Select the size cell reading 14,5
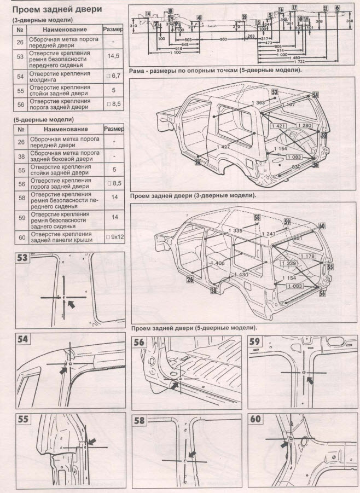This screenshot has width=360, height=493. click(x=113, y=56)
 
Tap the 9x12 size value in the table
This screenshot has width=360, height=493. click(x=113, y=238)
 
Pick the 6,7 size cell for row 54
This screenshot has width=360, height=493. click(x=113, y=76)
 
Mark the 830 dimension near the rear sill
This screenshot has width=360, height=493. click(x=297, y=166)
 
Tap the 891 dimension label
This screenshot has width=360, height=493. click(x=298, y=239)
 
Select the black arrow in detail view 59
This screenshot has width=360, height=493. click(x=311, y=379)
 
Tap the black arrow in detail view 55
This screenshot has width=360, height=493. click(x=91, y=441)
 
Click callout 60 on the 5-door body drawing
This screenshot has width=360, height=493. click(x=321, y=226)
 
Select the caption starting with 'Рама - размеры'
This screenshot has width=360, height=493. click(x=216, y=71)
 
